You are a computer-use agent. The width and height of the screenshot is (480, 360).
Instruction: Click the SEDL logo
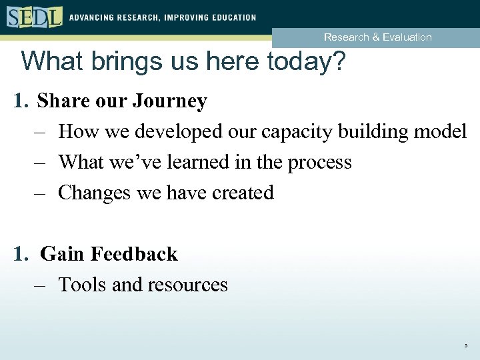click(x=35, y=16)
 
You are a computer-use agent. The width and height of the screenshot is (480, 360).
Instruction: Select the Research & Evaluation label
click(x=377, y=37)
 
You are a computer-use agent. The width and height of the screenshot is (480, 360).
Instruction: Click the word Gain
click(x=63, y=254)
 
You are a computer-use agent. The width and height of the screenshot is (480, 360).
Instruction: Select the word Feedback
click(x=134, y=254)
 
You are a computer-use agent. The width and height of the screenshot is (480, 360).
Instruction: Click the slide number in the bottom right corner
click(x=466, y=346)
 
